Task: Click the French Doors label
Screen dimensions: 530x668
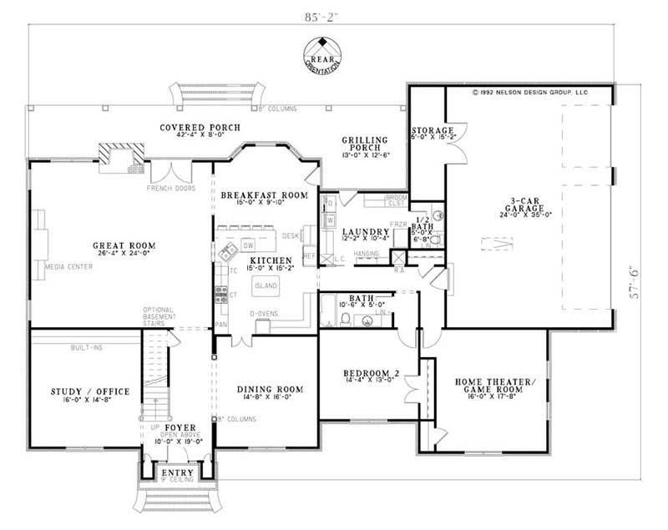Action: click(172, 189)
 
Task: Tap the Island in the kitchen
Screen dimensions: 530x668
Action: click(266, 286)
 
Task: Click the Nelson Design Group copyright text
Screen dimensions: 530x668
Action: click(531, 94)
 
